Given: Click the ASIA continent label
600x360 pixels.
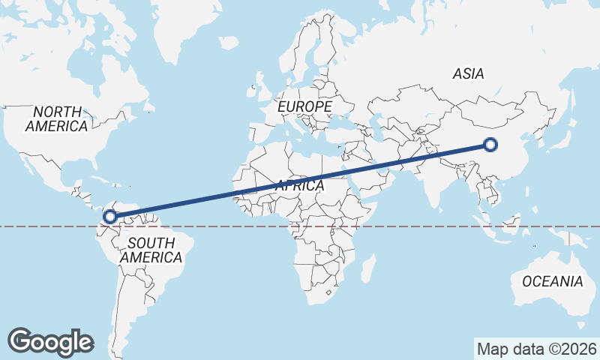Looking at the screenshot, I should point(468,73).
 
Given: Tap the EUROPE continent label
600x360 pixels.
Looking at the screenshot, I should point(304,107).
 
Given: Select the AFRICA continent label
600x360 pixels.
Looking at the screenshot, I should point(300,185).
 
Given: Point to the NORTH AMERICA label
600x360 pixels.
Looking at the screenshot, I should point(56,118).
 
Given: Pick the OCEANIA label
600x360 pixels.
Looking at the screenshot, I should point(552,281).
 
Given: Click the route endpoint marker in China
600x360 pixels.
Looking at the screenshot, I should point(490,145).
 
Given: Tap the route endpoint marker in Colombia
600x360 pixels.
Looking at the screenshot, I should point(110,217).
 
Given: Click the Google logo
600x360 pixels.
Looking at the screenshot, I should point(50,341).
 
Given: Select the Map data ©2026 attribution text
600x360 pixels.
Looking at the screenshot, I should point(536,349).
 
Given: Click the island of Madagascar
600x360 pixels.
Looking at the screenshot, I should point(367,268).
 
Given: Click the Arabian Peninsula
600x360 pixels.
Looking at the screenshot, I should point(375,180).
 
